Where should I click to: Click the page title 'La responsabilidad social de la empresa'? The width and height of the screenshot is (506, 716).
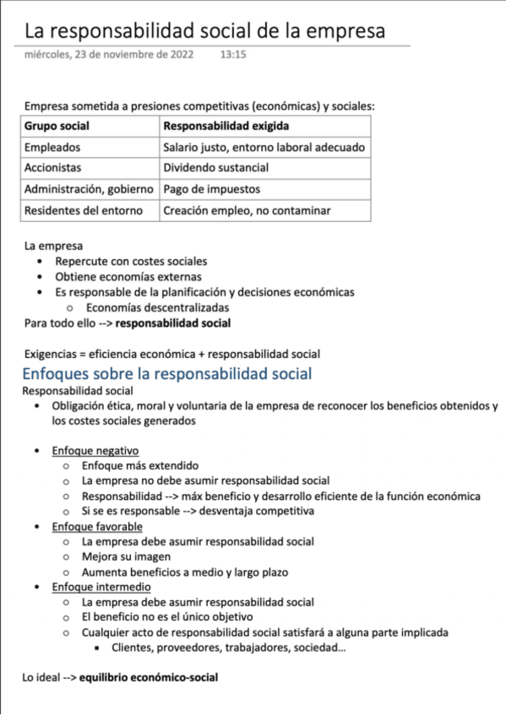pyautogui.click(x=204, y=31)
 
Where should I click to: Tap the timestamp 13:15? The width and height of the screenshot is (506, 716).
pyautogui.click(x=233, y=55)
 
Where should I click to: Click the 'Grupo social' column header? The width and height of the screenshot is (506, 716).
pyautogui.click(x=57, y=126)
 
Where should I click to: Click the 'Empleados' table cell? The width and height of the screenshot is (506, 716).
pyautogui.click(x=53, y=147)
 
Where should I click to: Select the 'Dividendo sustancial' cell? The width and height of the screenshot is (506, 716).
pyautogui.click(x=215, y=168)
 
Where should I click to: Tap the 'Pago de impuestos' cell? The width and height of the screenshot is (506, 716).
pyautogui.click(x=211, y=189)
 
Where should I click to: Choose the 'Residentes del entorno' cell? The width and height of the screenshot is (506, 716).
pyautogui.click(x=84, y=210)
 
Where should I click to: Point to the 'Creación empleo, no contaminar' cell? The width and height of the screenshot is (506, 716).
pyautogui.click(x=247, y=210)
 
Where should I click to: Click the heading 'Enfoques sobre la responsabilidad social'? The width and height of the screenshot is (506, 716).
pyautogui.click(x=167, y=373)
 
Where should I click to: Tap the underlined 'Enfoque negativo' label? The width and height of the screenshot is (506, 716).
pyautogui.click(x=95, y=450)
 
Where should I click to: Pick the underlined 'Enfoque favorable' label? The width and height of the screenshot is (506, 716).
pyautogui.click(x=97, y=527)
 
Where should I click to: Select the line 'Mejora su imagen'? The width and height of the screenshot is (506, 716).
pyautogui.click(x=126, y=556)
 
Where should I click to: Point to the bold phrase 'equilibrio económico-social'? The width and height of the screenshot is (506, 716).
pyautogui.click(x=149, y=677)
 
